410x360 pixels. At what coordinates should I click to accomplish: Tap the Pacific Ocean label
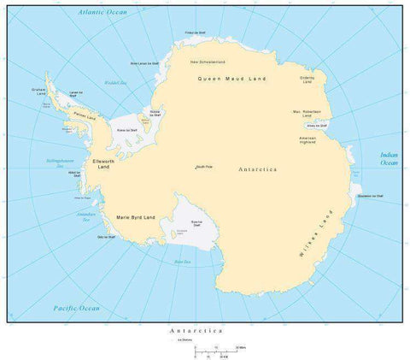click(x=76, y=308)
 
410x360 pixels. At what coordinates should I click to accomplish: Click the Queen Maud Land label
click(x=231, y=79)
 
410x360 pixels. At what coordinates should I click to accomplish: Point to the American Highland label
click(x=307, y=140)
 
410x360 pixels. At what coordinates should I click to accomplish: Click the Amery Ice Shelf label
click(x=330, y=126)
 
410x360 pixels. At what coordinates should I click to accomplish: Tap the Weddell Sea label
click(x=111, y=83)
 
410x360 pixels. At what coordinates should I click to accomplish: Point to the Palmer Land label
click(x=85, y=114)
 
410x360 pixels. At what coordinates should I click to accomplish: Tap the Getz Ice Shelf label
click(x=106, y=236)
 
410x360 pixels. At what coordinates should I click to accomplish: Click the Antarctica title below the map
click(x=196, y=329)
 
